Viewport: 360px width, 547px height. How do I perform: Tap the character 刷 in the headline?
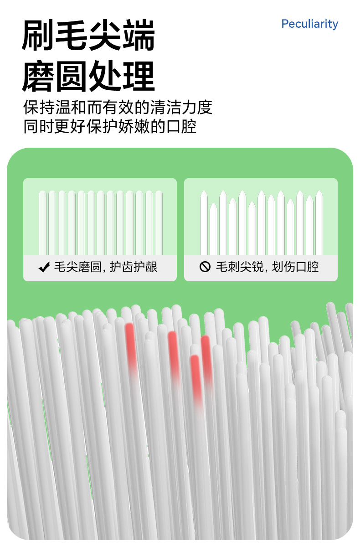(38, 35)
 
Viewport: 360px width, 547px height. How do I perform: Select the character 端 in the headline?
(139, 35)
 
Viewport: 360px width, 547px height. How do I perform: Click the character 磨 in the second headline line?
(38, 76)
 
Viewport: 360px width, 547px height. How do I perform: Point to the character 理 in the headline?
(139, 76)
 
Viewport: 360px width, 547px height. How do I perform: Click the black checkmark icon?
(44, 267)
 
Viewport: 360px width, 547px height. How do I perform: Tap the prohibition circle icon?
(205, 267)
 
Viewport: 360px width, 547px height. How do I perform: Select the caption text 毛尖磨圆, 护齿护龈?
(106, 267)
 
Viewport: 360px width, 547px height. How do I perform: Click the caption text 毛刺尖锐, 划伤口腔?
(267, 267)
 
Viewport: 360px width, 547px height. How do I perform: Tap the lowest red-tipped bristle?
(196, 381)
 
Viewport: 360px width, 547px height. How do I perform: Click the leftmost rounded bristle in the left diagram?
(42, 223)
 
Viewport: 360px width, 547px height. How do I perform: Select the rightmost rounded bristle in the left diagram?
(159, 223)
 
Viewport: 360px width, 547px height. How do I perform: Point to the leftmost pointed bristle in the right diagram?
(204, 223)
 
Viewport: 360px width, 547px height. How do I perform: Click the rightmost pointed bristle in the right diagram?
(319, 223)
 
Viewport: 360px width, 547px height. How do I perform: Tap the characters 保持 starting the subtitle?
(39, 107)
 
